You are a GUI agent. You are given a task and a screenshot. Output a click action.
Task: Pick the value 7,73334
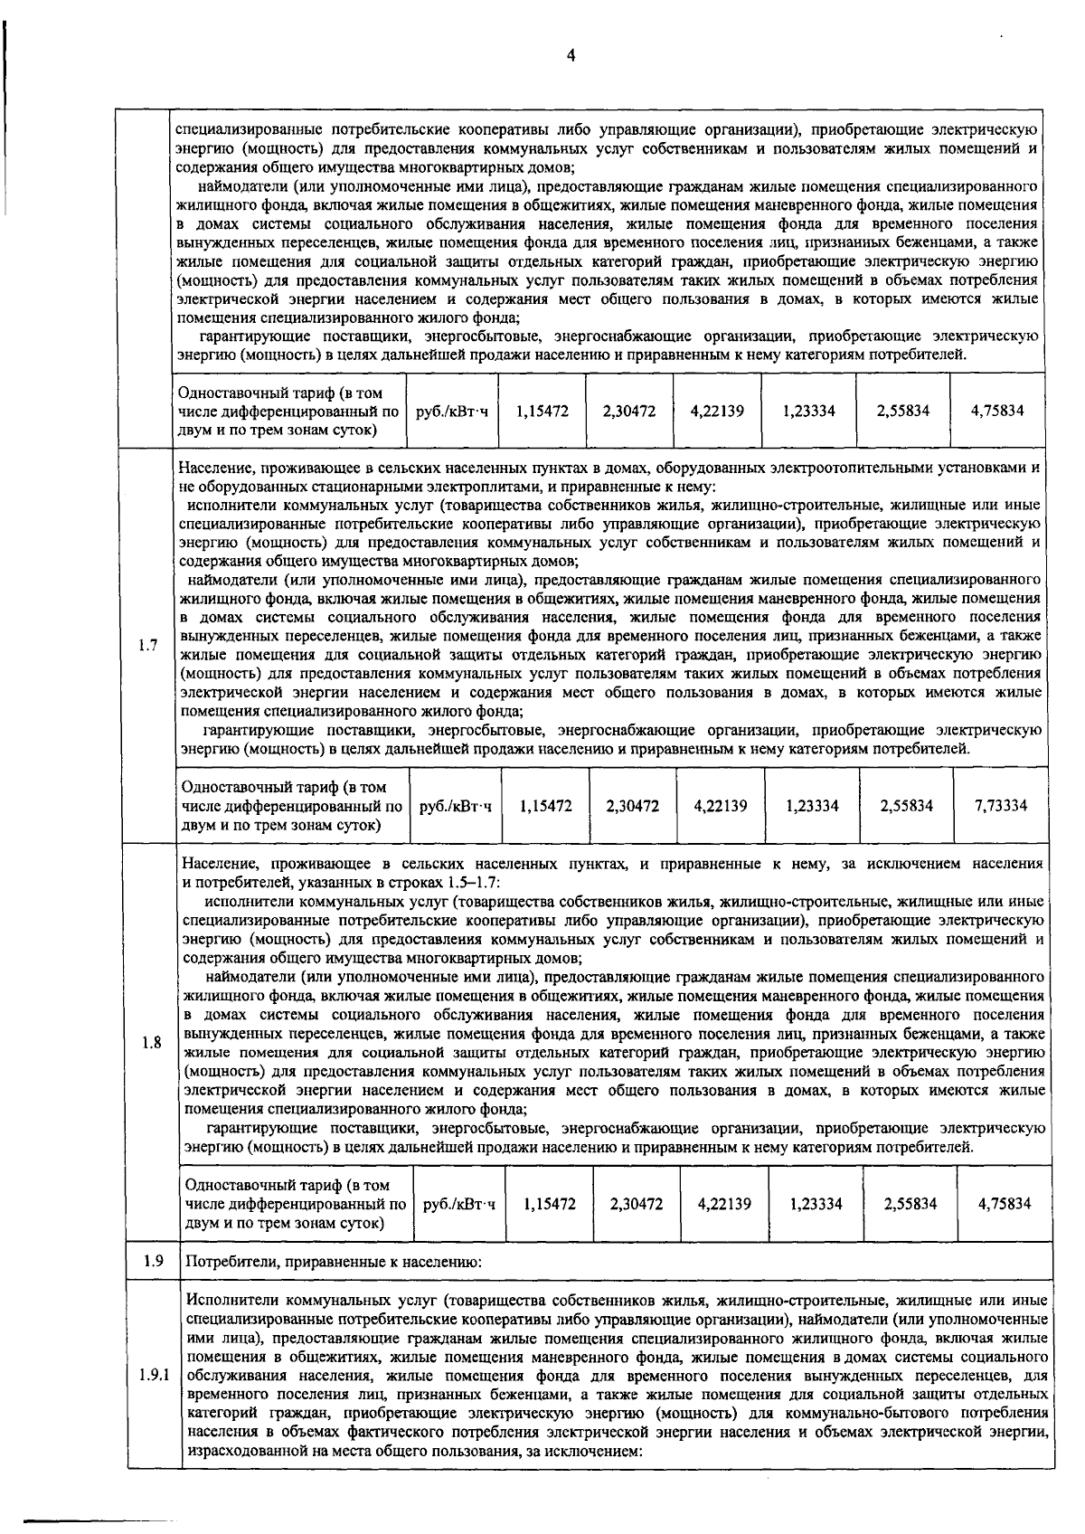tap(1000, 805)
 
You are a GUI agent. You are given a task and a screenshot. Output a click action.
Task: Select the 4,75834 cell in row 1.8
tap(1004, 1204)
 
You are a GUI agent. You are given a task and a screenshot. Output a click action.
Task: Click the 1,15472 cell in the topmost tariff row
tap(542, 411)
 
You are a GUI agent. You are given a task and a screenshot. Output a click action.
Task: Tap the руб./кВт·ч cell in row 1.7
tap(456, 805)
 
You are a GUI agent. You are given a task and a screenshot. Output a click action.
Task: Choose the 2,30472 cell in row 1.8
tap(637, 1204)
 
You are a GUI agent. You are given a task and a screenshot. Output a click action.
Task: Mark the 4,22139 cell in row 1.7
tap(721, 805)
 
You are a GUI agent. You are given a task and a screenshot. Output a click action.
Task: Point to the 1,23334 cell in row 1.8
tap(816, 1204)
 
